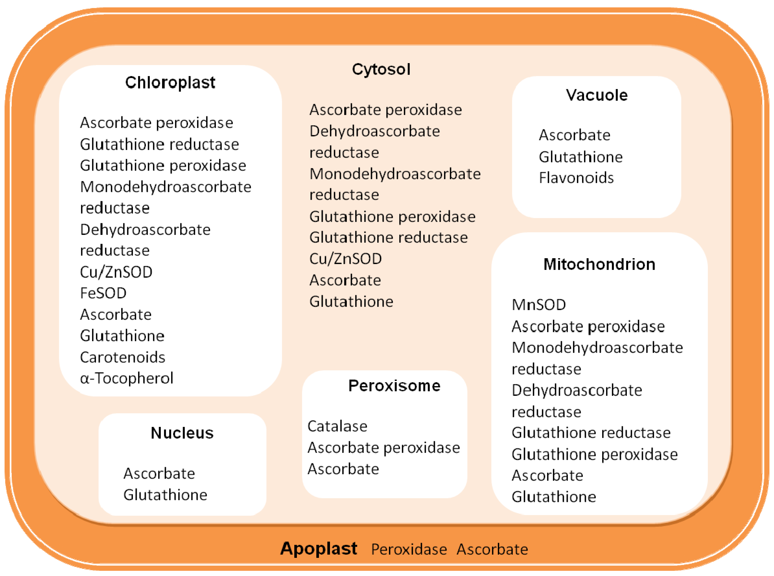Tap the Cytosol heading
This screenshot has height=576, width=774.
point(381,69)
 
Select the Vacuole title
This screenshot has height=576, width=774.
point(597,95)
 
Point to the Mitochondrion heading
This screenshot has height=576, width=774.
point(599,264)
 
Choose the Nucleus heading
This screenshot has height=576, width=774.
point(182,433)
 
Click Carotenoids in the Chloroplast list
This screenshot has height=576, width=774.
point(122,357)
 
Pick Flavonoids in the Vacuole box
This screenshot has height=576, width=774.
point(576,178)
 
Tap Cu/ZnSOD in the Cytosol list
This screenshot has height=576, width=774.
point(345,259)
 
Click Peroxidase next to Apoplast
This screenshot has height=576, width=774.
point(409,549)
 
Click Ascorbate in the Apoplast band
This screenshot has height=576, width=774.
point(492,549)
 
